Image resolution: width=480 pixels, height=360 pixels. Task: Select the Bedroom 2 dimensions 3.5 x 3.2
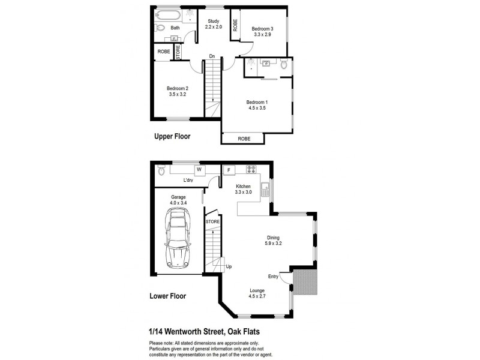click(178, 95)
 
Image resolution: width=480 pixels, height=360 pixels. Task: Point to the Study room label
click(214, 22)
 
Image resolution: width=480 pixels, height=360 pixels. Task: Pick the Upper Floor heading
click(172, 136)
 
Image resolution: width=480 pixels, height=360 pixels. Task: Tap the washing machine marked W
click(197, 169)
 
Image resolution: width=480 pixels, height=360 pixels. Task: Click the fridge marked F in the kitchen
click(228, 169)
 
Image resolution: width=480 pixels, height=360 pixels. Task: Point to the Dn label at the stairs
click(212, 57)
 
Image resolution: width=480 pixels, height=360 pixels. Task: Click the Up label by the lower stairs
click(229, 266)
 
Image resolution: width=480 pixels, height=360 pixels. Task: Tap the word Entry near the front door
click(274, 277)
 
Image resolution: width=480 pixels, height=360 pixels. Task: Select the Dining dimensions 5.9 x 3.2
click(274, 244)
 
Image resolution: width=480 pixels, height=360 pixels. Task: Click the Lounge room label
click(257, 291)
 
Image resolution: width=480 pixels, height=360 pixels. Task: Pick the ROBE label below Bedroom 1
click(244, 139)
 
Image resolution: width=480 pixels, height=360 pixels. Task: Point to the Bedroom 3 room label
click(262, 28)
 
